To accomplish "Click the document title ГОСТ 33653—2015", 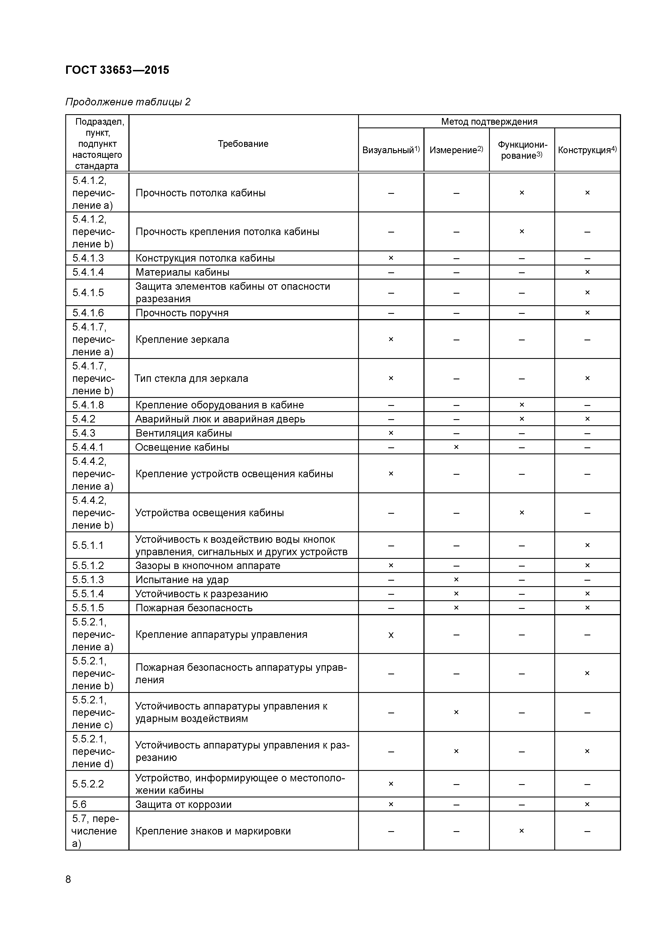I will click(x=117, y=70).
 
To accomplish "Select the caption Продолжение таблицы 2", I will click(x=128, y=102).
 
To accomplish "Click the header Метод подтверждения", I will click(x=489, y=121).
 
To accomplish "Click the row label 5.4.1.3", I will click(x=88, y=258).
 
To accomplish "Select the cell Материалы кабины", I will click(x=182, y=272).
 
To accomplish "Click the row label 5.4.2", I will click(x=84, y=419).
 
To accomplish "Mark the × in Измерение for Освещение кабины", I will click(x=456, y=447).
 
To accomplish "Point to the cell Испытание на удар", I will click(x=182, y=580).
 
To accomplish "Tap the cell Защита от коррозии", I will click(x=183, y=804).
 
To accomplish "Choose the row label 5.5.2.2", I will click(x=88, y=784).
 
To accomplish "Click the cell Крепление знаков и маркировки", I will click(x=213, y=831).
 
